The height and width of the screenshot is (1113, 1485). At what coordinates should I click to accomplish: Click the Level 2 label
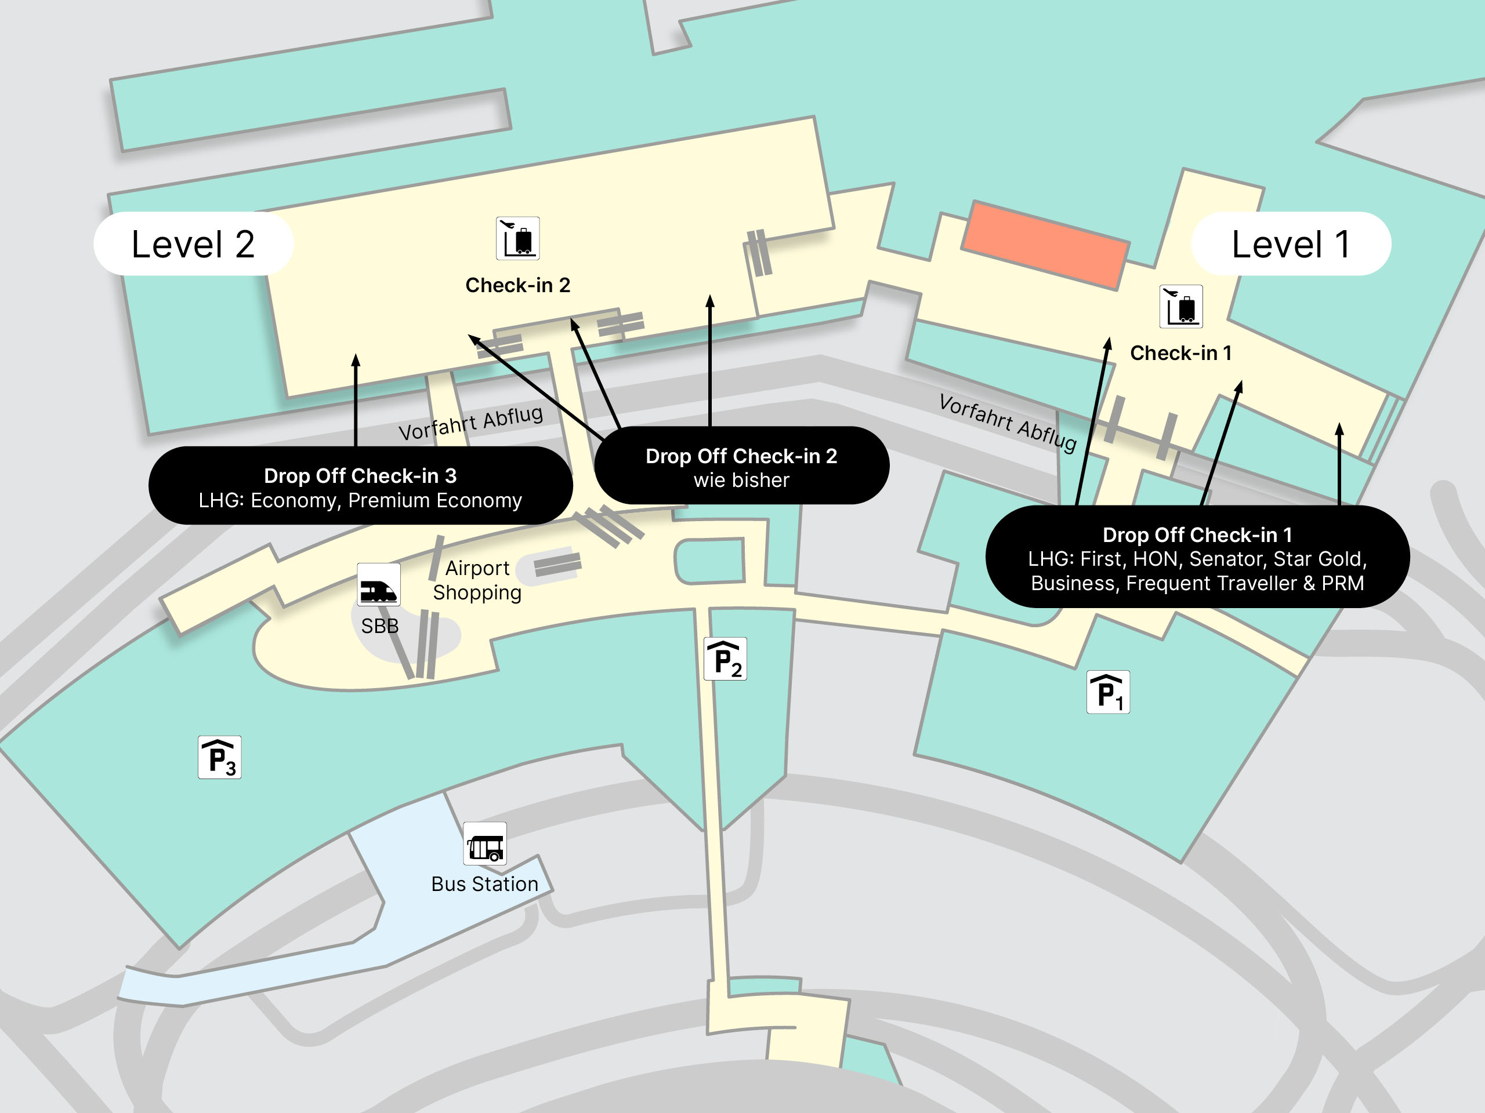point(193,244)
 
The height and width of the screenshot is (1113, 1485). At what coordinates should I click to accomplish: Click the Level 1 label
point(1290,244)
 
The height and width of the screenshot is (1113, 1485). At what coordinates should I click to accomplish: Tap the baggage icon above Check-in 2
point(517,238)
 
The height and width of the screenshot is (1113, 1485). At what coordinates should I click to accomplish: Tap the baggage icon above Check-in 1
point(1181,307)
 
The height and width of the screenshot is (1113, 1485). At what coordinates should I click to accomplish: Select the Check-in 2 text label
point(517,285)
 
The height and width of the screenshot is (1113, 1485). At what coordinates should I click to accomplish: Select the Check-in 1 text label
point(1181,353)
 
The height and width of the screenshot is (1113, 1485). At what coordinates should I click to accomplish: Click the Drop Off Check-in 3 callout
point(360,486)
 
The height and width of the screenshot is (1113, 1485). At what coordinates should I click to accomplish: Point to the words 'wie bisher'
point(741,481)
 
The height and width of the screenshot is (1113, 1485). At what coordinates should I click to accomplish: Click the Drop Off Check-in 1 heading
point(1197,534)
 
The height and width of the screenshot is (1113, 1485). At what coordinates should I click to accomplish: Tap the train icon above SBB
point(379,584)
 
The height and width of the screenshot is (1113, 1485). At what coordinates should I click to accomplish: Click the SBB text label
point(380,626)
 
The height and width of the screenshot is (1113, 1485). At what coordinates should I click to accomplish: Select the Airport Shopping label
point(477,580)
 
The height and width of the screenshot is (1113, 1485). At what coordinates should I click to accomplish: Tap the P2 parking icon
point(725,659)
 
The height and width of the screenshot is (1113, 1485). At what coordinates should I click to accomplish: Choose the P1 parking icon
point(1108,692)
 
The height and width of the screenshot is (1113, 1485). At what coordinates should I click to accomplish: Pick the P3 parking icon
point(219,758)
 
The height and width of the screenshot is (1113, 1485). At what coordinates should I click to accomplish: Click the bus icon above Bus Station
point(485,844)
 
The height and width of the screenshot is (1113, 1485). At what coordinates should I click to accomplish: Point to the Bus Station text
point(485,883)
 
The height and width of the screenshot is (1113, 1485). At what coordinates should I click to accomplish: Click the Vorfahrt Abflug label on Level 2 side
point(470,423)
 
